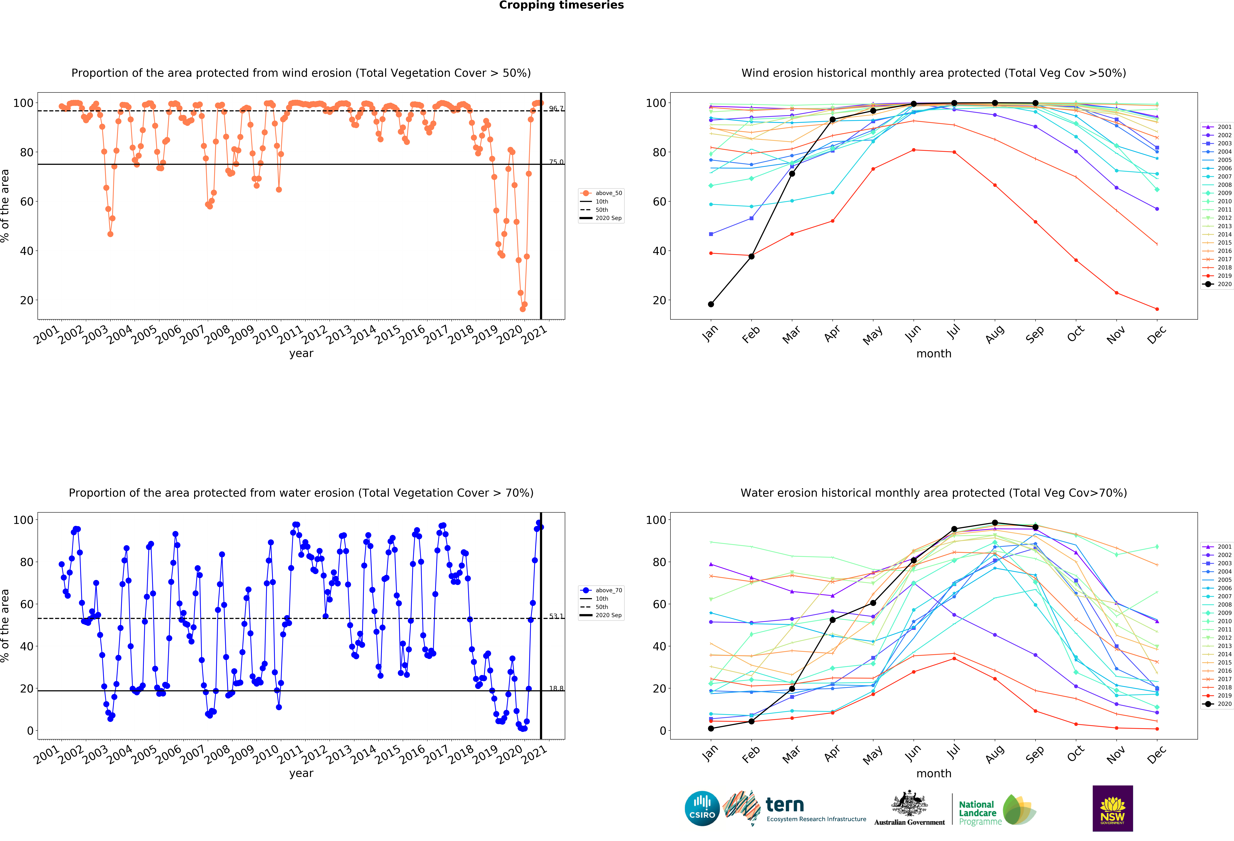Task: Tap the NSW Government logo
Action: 1112,808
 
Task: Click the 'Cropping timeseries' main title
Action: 561,5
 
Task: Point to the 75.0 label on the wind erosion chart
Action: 556,162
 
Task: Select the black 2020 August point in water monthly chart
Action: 995,523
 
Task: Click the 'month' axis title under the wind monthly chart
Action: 933,354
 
